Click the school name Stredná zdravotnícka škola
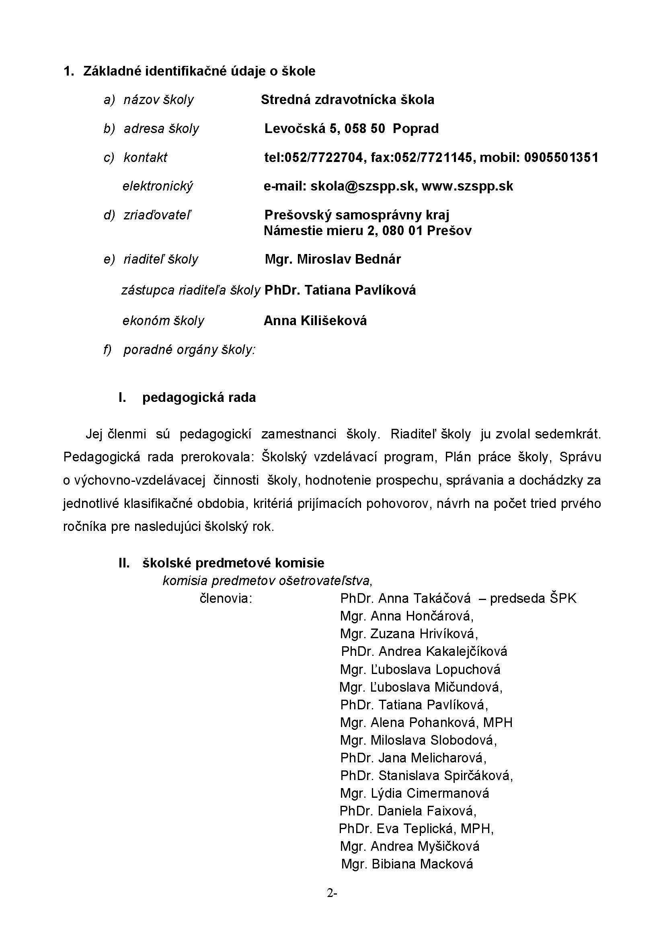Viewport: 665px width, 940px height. pyautogui.click(x=347, y=100)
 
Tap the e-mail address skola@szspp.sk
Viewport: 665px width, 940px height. pyautogui.click(x=364, y=186)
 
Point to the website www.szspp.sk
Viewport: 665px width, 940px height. pyautogui.click(x=467, y=186)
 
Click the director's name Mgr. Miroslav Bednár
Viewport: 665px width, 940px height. pyautogui.click(x=333, y=259)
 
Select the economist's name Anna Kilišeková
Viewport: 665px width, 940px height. pyautogui.click(x=315, y=321)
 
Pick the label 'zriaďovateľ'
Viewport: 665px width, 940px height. pyautogui.click(x=157, y=215)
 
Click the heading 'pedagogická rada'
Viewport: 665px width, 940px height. pyautogui.click(x=199, y=397)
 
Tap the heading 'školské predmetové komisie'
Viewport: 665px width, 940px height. pyautogui.click(x=233, y=563)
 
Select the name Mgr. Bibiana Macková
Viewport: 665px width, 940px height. pyautogui.click(x=407, y=864)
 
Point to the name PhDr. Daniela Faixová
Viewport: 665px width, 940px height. pyautogui.click(x=408, y=811)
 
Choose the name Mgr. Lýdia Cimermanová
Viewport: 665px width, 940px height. pyautogui.click(x=415, y=793)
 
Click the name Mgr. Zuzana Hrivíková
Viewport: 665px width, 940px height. pyautogui.click(x=409, y=634)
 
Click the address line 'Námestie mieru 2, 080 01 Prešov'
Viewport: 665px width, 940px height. pyautogui.click(x=367, y=231)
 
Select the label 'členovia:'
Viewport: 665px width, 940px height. pyautogui.click(x=226, y=598)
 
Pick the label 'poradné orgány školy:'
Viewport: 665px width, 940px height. pyautogui.click(x=189, y=350)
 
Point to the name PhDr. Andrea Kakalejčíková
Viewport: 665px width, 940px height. pyautogui.click(x=424, y=651)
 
